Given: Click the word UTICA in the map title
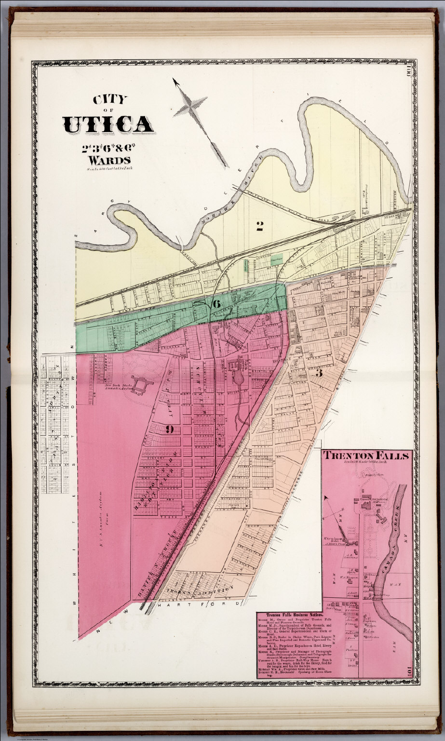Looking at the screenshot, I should click(x=108, y=124).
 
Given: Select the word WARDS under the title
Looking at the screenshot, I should click(x=108, y=160).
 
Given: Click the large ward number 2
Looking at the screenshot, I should click(x=259, y=225).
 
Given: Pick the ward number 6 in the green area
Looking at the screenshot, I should click(x=216, y=304).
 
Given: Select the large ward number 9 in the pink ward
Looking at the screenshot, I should click(x=169, y=429).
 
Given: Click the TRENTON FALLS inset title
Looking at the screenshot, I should click(x=366, y=455).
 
